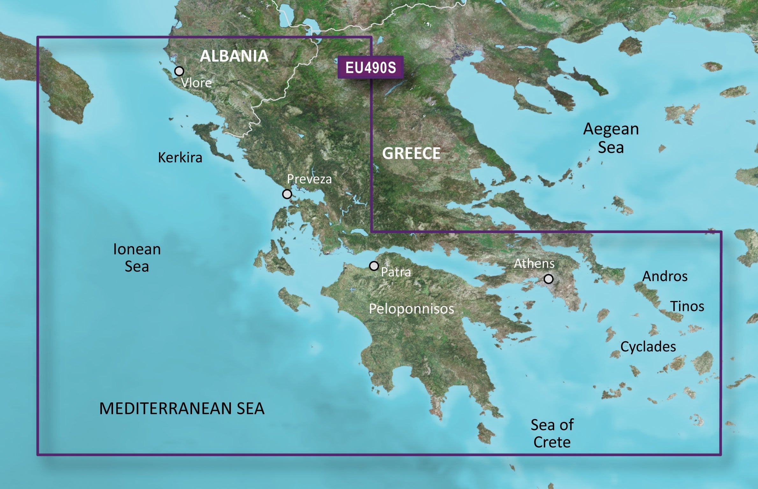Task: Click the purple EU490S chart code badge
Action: tap(370, 67)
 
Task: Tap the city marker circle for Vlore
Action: tap(179, 71)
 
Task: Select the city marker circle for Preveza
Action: tap(287, 194)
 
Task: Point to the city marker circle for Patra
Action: tap(374, 266)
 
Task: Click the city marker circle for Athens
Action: tap(548, 279)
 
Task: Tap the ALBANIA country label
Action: tap(234, 56)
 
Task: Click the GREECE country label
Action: tap(411, 153)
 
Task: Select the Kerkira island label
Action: tap(180, 158)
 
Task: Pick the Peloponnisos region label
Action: tap(411, 309)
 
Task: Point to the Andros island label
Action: tap(665, 276)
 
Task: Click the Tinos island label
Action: tap(687, 306)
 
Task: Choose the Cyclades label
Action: tap(648, 347)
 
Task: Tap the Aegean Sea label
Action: tap(611, 138)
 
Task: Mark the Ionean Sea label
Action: tap(137, 258)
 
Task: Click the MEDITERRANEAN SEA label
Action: tap(182, 409)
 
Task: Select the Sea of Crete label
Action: tap(552, 433)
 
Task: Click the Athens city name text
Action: tap(534, 264)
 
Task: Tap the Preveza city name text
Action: tap(309, 179)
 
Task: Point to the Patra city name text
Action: tap(396, 272)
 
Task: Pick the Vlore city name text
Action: tap(196, 83)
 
